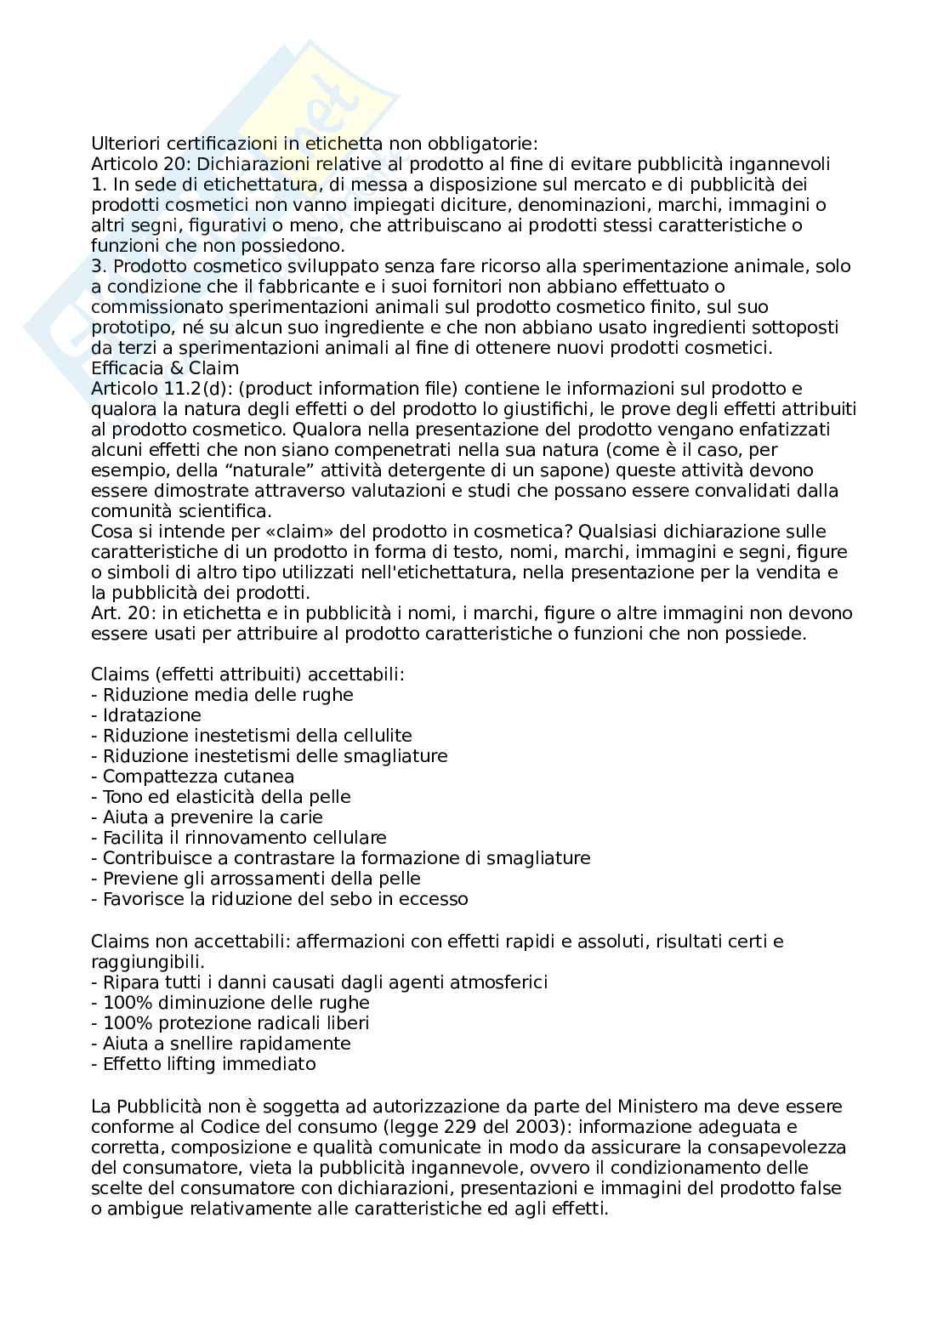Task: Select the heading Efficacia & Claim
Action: tap(165, 368)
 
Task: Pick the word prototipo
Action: tap(127, 327)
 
